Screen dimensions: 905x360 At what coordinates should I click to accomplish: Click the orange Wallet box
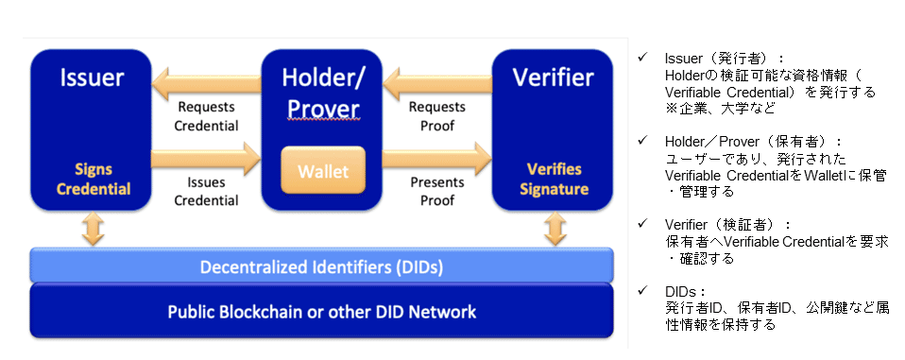pyautogui.click(x=323, y=170)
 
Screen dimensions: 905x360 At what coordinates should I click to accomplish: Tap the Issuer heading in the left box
pyautogui.click(x=92, y=77)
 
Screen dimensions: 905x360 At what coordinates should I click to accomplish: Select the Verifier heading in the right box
pyautogui.click(x=553, y=77)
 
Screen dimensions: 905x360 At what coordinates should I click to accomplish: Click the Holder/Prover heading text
pyautogui.click(x=323, y=93)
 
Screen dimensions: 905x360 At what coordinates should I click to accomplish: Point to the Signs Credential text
pyautogui.click(x=94, y=179)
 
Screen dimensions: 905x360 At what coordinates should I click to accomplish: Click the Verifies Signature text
pyautogui.click(x=554, y=179)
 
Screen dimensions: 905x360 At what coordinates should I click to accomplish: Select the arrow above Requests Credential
pyautogui.click(x=206, y=82)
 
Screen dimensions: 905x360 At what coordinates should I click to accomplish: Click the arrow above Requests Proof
pyautogui.click(x=437, y=82)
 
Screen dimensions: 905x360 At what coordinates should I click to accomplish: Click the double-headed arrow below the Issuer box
pyautogui.click(x=93, y=229)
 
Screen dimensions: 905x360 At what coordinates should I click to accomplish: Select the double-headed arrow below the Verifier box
pyautogui.click(x=555, y=229)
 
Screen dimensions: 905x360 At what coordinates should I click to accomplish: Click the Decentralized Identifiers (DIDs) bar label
pyautogui.click(x=321, y=267)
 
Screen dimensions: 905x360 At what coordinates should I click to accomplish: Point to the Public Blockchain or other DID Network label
pyautogui.click(x=321, y=312)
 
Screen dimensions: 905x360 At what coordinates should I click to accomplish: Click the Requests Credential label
pyautogui.click(x=206, y=116)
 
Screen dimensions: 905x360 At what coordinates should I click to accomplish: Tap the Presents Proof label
pyautogui.click(x=437, y=191)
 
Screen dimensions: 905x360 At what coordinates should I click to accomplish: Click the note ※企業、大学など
pyautogui.click(x=720, y=108)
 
